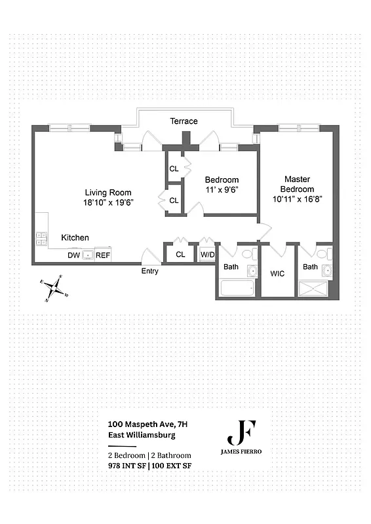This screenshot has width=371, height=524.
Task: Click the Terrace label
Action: pos(184,121)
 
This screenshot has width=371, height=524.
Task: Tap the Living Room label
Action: pos(108,192)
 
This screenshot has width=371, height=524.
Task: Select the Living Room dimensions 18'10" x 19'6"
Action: pos(108,203)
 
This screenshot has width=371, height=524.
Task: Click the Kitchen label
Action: pos(75,238)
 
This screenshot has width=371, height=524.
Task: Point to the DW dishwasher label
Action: pos(74,255)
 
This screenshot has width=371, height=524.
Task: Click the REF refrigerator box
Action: pos(103,255)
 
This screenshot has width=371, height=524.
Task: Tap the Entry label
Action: pos(149,271)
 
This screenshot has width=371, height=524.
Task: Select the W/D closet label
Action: pos(207,254)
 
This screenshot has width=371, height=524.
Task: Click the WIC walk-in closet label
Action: pos(278,273)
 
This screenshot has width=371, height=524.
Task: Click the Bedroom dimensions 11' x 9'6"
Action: pos(222,191)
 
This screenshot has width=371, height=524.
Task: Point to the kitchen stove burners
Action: pos(41,239)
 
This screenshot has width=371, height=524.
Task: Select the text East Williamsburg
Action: pos(142,435)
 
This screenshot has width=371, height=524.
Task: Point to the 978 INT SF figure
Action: pos(127,466)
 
